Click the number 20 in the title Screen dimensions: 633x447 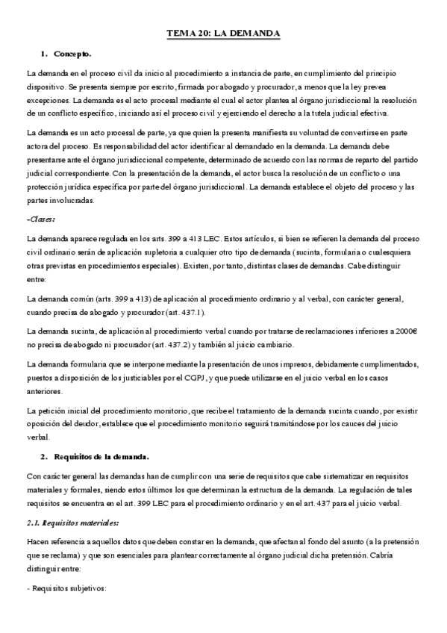pos(197,34)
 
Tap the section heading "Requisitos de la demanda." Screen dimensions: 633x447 pos(103,456)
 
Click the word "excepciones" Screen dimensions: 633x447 pos(49,100)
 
